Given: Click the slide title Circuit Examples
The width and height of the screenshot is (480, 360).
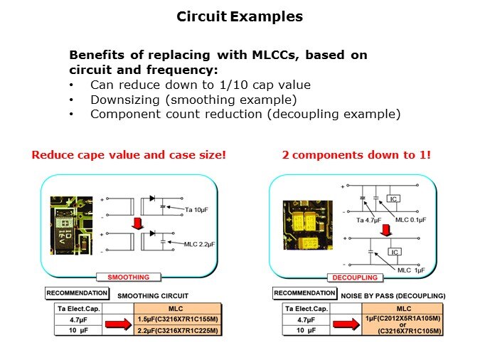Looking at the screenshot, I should tap(240, 16).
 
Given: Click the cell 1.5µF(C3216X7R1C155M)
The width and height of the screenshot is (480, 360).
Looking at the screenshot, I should tap(178, 319).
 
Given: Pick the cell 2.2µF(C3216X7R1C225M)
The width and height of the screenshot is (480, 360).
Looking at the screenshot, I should tap(178, 331).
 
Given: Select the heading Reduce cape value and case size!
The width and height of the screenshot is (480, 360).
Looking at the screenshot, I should tap(129, 154).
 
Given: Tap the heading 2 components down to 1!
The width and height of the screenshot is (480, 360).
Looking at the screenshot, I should tap(356, 154).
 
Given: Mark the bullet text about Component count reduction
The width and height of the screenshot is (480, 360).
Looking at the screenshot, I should tap(245, 114).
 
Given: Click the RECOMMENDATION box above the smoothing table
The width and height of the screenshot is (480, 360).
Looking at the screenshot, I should tap(77, 293).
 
